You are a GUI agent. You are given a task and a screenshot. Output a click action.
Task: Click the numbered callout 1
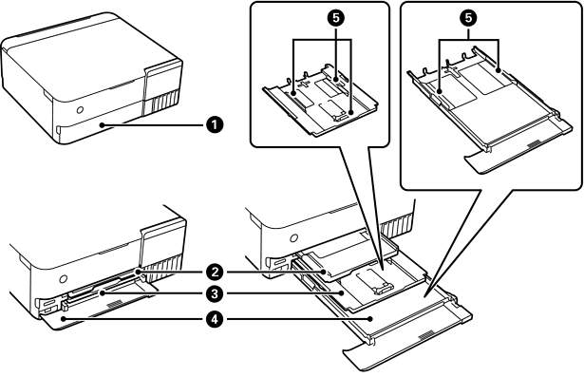[x=215, y=124]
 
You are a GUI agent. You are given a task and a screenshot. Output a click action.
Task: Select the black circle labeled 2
[x=215, y=272]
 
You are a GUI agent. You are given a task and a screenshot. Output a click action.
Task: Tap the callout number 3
[x=215, y=294]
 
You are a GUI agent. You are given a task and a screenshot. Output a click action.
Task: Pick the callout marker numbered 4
[x=215, y=319]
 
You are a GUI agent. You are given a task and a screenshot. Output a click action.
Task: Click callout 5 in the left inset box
[x=336, y=18]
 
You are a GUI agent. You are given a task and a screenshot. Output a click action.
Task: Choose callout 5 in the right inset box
[x=468, y=18]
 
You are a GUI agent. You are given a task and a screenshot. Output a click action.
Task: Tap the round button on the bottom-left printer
[x=64, y=278]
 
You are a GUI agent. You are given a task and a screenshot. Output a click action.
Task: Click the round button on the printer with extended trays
[x=293, y=237]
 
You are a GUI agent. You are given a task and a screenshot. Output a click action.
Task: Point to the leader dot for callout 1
[x=102, y=125]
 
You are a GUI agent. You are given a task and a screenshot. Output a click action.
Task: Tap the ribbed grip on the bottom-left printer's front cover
[x=115, y=303]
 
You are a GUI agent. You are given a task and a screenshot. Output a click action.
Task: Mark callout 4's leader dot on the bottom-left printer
[x=64, y=319]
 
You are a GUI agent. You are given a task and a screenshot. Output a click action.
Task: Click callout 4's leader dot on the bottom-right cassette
[x=370, y=319]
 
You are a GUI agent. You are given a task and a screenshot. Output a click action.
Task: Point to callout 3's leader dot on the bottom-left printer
[x=102, y=294]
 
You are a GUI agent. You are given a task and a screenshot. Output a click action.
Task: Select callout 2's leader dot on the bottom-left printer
[x=138, y=272]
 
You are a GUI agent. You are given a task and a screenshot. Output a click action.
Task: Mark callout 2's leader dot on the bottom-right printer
[x=324, y=272]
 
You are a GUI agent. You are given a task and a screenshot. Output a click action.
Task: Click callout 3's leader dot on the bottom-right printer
[x=341, y=294]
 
